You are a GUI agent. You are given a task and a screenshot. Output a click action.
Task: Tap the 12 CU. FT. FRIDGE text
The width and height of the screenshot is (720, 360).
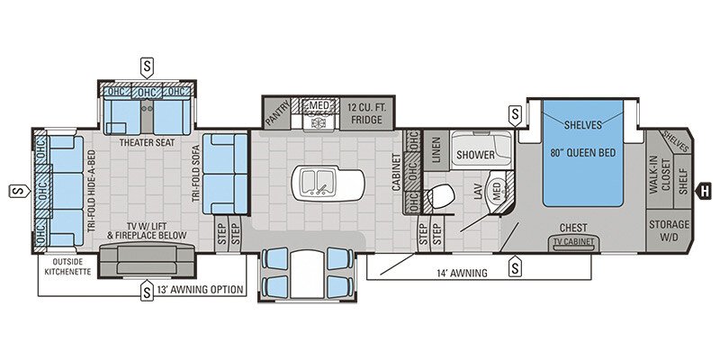[x=366, y=113]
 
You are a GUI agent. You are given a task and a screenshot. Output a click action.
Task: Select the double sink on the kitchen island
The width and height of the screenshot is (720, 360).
[x=319, y=180]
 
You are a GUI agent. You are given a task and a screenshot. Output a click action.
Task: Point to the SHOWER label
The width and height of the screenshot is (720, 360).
[x=474, y=155]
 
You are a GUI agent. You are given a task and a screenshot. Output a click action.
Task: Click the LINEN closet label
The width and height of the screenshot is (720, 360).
[x=436, y=149]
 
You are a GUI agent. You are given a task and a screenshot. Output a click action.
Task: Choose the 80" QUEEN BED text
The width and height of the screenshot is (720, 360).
[x=583, y=153]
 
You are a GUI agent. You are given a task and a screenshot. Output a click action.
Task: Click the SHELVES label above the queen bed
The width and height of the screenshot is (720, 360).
[x=583, y=124]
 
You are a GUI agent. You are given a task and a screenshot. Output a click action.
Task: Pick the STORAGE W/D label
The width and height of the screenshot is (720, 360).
[x=670, y=229]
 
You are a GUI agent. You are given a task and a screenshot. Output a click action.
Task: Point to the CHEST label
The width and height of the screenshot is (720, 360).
[x=573, y=229]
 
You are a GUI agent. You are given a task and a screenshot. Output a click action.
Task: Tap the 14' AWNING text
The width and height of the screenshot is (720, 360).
[x=462, y=273]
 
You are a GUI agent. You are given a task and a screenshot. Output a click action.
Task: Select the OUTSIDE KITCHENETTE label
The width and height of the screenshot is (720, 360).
[x=68, y=266]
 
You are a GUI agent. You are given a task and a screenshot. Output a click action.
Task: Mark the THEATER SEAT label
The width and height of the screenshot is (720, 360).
[x=147, y=142]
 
